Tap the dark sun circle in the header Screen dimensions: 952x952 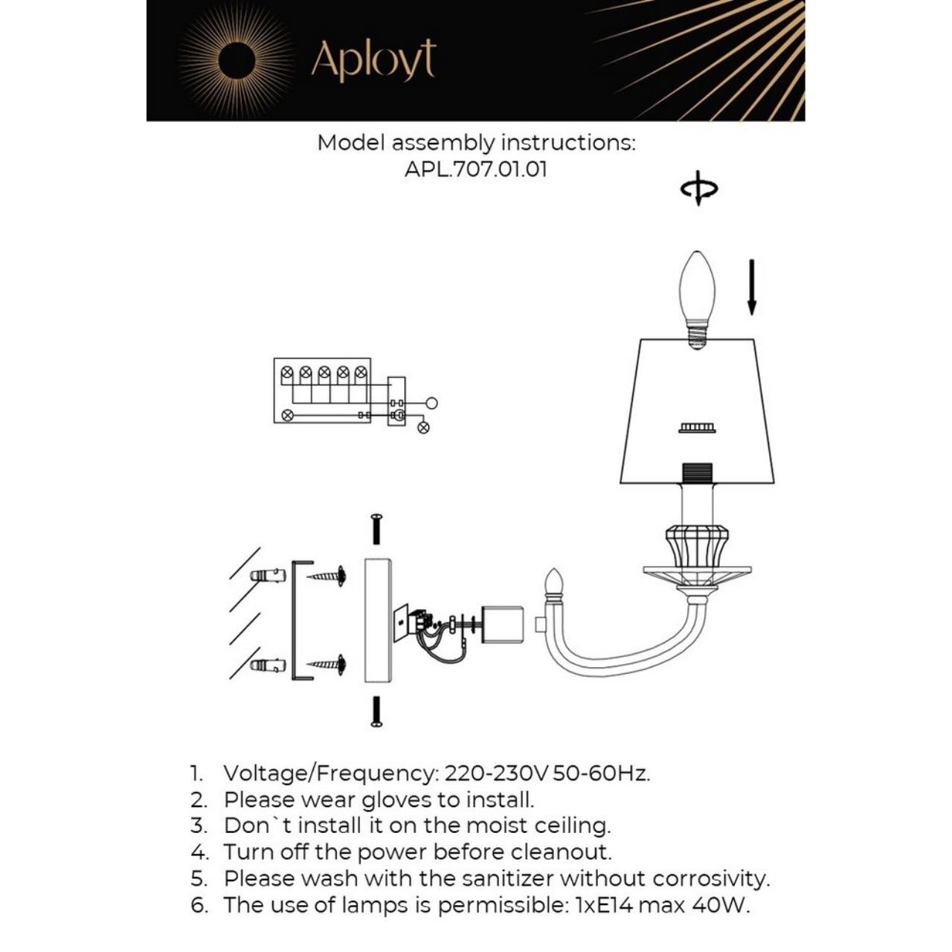click(x=237, y=60)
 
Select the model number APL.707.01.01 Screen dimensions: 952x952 click(x=476, y=169)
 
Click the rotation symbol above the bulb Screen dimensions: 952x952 click(x=698, y=188)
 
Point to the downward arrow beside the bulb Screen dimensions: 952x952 click(x=752, y=286)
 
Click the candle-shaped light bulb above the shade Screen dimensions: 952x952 click(x=697, y=294)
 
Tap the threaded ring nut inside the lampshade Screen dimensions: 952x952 click(x=697, y=428)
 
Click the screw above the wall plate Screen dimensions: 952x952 click(x=376, y=528)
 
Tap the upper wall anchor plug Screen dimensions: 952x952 click(x=268, y=576)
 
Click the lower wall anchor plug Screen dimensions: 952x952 click(x=268, y=665)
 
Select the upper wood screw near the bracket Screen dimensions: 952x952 click(x=327, y=575)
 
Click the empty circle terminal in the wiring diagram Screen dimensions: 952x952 click(x=432, y=403)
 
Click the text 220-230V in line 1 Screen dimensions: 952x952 click(x=496, y=773)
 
